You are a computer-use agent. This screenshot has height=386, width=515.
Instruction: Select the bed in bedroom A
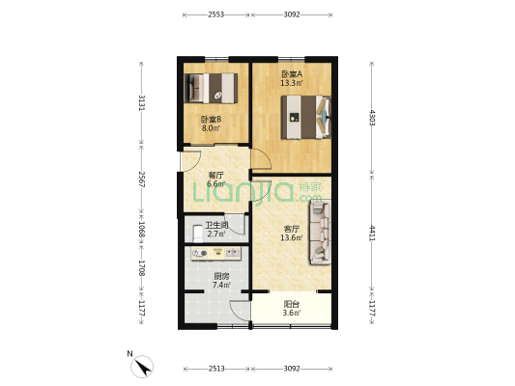click(x=307, y=119)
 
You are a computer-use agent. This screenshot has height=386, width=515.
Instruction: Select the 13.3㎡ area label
click(x=291, y=84)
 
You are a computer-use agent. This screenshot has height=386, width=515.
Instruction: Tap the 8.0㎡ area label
click(x=210, y=127)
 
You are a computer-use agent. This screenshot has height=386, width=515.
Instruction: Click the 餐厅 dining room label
click(x=215, y=175)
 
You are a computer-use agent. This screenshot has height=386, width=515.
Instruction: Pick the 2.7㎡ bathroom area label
click(x=215, y=234)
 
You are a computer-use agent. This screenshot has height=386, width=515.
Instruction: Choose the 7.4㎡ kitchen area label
click(x=221, y=286)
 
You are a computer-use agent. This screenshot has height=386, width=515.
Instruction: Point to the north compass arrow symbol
click(x=143, y=366)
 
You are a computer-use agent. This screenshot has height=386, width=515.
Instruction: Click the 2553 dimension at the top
click(x=215, y=14)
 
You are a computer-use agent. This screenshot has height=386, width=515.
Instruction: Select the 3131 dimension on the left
click(x=141, y=103)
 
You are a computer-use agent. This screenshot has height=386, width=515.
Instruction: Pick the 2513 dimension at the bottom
click(x=215, y=368)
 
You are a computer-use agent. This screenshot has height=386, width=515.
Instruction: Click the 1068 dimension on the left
click(x=141, y=231)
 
